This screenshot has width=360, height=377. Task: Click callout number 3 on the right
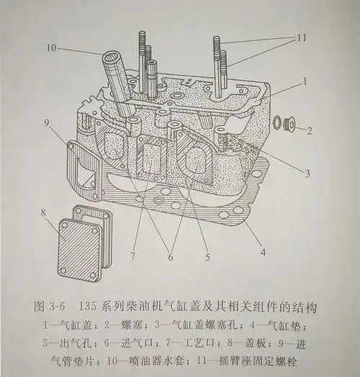[x=306, y=173]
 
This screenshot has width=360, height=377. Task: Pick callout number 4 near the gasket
[x=264, y=252]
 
